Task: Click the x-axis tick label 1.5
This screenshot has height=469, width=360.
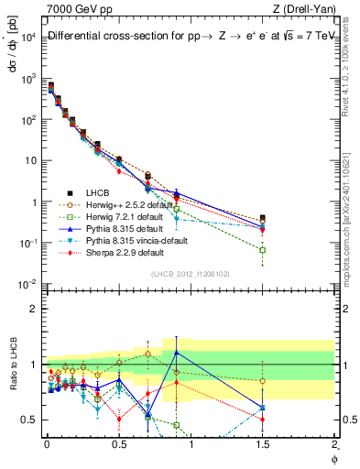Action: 263,446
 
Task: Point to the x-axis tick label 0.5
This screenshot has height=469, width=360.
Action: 118,446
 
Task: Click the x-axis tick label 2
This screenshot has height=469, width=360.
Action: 335,446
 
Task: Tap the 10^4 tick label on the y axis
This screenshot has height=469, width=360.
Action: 27,37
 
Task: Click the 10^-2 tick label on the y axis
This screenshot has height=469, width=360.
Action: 27,284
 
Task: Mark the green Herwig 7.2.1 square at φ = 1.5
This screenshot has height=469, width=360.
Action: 263,249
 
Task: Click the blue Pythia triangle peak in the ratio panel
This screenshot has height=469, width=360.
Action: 176,352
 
